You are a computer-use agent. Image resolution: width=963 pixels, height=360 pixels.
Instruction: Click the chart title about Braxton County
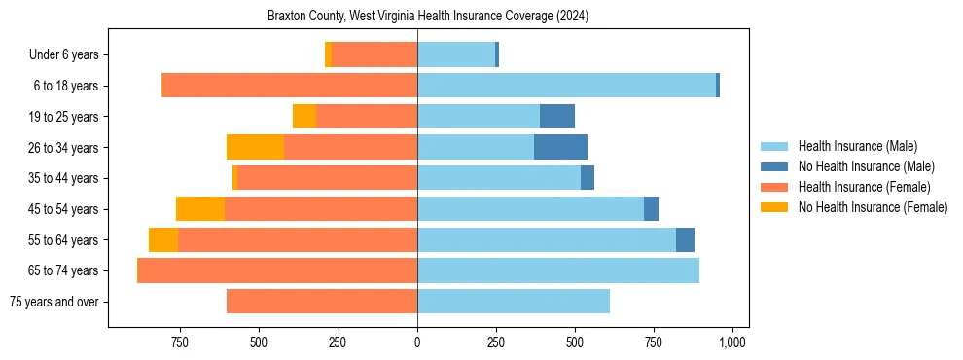pyautogui.click(x=428, y=17)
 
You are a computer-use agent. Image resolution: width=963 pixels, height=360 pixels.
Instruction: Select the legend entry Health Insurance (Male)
pyautogui.click(x=857, y=146)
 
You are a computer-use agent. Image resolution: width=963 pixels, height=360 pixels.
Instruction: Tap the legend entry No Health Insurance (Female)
pyautogui.click(x=873, y=207)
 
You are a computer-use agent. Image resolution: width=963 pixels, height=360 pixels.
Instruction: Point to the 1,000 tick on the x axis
pyautogui.click(x=731, y=342)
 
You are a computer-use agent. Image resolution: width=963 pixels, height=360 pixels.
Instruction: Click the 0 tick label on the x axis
pyautogui.click(x=417, y=342)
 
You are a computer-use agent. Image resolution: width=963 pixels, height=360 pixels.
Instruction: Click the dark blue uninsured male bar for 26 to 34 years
pyautogui.click(x=560, y=147)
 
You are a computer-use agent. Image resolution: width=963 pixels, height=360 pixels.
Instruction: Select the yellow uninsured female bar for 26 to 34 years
pyautogui.click(x=255, y=147)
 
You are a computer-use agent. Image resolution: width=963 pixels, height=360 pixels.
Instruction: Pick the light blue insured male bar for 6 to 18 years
pyautogui.click(x=566, y=86)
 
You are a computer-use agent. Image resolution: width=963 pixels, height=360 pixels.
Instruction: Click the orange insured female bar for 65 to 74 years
pyautogui.click(x=277, y=270)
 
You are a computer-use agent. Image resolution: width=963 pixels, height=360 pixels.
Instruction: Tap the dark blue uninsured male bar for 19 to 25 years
pyautogui.click(x=557, y=117)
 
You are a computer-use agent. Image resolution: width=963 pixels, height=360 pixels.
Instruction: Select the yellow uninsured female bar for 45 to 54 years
pyautogui.click(x=200, y=209)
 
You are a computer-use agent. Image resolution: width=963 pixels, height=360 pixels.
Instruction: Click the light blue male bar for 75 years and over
pyautogui.click(x=514, y=302)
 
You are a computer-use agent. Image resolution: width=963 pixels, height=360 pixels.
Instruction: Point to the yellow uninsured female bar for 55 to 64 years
pyautogui.click(x=163, y=239)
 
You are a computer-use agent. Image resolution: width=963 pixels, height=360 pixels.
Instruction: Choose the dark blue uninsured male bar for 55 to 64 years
pyautogui.click(x=685, y=239)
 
